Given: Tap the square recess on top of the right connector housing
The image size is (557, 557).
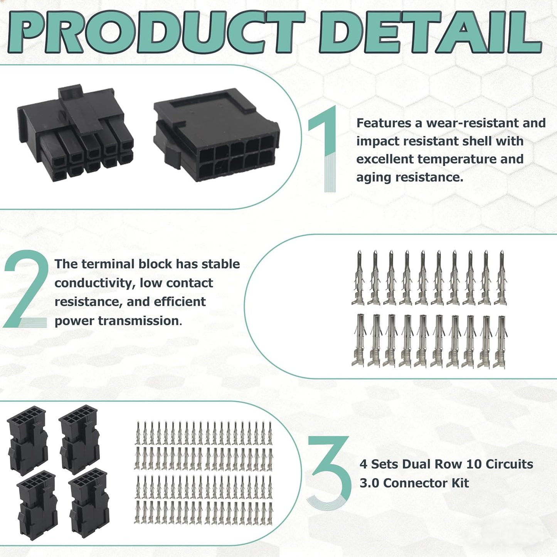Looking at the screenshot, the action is [x=207, y=101].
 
